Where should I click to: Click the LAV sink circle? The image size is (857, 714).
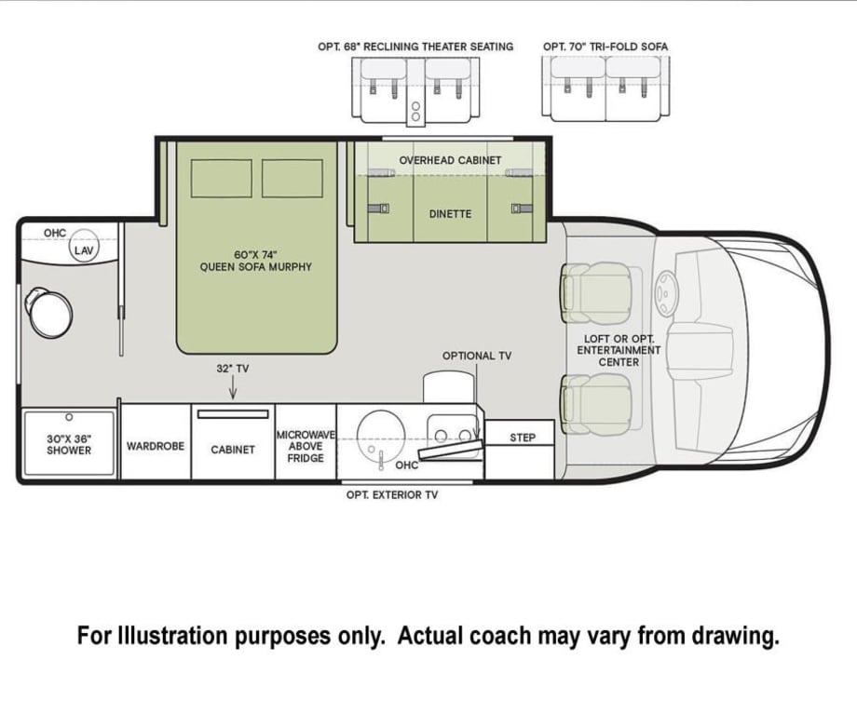point(84,249)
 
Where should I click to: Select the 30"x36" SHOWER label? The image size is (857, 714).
point(70,444)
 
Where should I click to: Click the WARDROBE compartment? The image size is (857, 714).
point(156,446)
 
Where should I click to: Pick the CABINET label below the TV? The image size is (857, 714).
point(233,450)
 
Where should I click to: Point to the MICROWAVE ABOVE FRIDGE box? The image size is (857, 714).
point(306,446)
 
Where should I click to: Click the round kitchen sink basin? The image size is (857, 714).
point(380,431)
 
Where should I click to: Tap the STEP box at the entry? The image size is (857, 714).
point(523,437)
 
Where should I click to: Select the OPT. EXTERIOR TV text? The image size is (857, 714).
point(391,495)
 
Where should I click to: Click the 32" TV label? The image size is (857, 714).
point(233,369)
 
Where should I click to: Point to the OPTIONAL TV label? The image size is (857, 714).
point(476,356)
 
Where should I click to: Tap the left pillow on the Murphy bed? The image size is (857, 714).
point(222,178)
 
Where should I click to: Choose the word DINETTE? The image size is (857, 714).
point(450,214)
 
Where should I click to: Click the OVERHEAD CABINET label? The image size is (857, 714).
point(450,160)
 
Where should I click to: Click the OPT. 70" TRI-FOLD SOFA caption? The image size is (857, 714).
point(605,47)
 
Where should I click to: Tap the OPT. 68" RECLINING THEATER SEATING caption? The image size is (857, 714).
point(415,47)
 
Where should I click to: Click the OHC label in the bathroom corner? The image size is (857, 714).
point(55,233)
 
